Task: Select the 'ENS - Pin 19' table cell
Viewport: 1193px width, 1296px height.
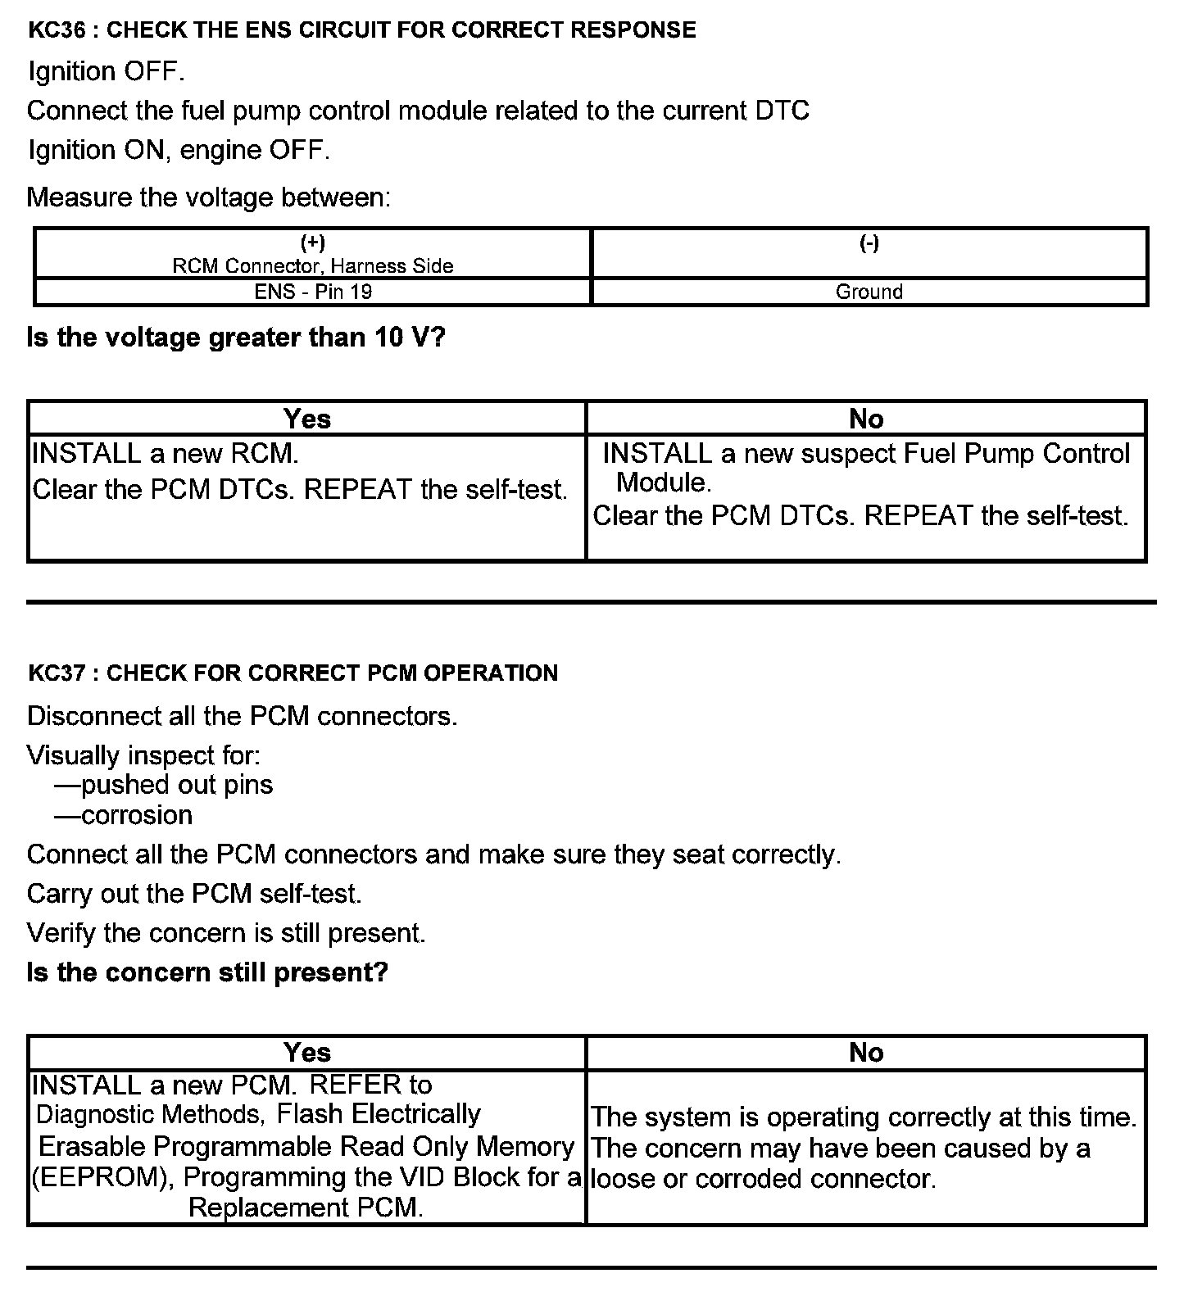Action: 313,292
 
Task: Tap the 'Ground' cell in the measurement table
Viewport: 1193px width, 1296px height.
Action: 869,292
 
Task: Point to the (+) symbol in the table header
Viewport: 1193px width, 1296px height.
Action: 313,242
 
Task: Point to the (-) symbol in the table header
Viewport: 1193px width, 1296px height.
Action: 869,242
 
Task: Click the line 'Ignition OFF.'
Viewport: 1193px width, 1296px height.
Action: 107,72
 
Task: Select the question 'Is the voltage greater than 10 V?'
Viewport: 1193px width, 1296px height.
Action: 236,338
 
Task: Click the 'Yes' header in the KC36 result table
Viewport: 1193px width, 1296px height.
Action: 307,419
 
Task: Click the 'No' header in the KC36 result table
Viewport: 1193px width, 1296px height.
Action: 866,419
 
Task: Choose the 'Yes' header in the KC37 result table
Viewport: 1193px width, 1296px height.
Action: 307,1052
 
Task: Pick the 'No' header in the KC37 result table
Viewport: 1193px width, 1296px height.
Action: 866,1052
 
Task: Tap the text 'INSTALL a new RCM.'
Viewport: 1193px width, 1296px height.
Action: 166,453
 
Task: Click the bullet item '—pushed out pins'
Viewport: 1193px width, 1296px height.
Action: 164,785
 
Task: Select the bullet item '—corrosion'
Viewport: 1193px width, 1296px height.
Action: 124,816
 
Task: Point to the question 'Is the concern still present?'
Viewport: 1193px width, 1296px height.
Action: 207,972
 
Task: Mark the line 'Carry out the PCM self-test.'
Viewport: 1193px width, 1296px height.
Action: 194,893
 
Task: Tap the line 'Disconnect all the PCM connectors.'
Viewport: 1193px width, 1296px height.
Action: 242,716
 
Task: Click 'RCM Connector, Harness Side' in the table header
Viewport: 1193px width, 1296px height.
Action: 313,266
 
